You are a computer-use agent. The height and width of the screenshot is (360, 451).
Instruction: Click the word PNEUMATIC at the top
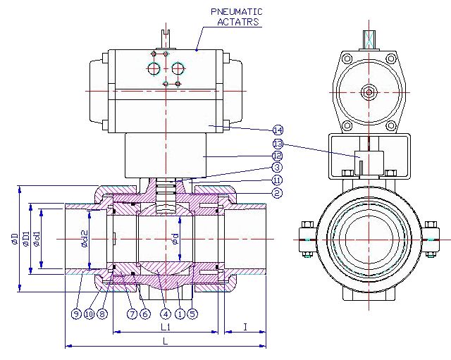coord(236,11)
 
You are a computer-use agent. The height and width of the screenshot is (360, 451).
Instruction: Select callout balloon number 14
coord(278,130)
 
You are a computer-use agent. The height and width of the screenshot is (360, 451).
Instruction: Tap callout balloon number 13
coord(278,143)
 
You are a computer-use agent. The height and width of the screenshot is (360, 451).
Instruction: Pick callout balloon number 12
coord(278,155)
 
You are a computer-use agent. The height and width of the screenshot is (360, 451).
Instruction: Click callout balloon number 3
coord(278,168)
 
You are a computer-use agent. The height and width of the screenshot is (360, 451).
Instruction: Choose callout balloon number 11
coord(278,180)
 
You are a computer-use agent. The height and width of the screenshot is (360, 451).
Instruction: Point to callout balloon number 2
coord(278,192)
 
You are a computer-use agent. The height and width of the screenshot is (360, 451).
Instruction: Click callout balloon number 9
coord(75,314)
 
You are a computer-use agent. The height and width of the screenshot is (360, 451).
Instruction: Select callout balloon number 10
coord(89,314)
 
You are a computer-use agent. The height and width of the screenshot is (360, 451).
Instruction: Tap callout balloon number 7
coord(131,314)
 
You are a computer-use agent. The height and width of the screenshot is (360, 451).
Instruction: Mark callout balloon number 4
coord(165,314)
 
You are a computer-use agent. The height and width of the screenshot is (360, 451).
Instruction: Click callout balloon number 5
coord(192,314)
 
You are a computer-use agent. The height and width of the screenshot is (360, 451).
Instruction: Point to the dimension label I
coord(245,327)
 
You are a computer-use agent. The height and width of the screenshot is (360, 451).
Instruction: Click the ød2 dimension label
coord(84,239)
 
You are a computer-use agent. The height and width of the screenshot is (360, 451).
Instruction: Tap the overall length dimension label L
coord(166,341)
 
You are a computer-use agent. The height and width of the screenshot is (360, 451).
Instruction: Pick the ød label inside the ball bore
coord(175,239)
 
